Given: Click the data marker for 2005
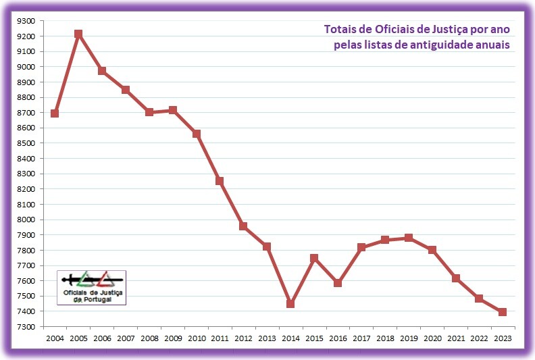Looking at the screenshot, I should click(x=78, y=34).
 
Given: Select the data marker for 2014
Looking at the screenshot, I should click(x=290, y=304).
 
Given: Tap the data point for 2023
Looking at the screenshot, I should click(x=503, y=312).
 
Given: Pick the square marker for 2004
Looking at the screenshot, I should click(x=55, y=113).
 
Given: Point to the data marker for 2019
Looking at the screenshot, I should click(x=408, y=238).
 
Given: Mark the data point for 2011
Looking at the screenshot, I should click(x=220, y=181).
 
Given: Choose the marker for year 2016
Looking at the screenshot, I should click(x=338, y=283).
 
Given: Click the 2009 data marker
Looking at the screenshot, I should click(x=173, y=110).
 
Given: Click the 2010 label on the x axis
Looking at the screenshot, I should click(x=197, y=338).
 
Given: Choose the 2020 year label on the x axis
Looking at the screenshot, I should click(x=432, y=338).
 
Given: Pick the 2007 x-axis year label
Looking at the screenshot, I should click(x=126, y=338).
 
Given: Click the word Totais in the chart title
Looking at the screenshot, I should click(x=341, y=29).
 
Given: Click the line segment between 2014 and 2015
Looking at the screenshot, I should click(x=302, y=281).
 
